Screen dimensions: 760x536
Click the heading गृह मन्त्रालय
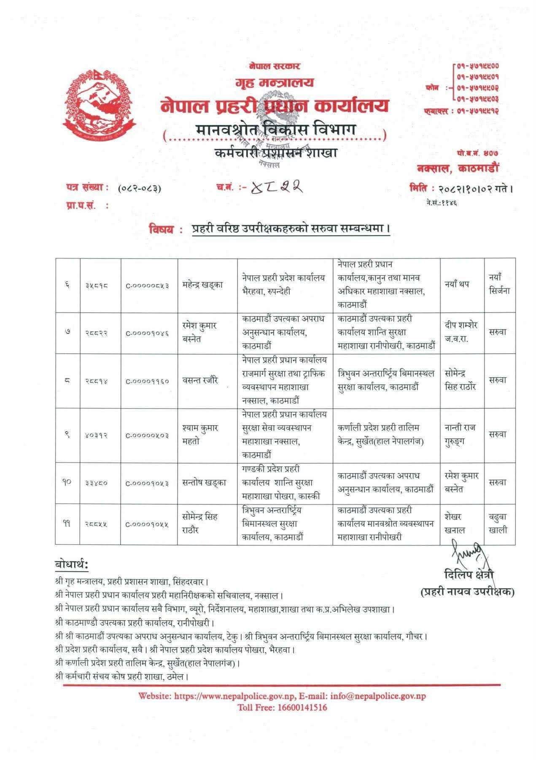coord(274,82)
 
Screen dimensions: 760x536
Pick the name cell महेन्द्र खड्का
coord(202,285)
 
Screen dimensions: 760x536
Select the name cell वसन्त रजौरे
coord(200,380)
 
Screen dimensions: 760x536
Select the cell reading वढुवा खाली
coord(498,524)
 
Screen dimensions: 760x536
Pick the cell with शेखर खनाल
coord(455,524)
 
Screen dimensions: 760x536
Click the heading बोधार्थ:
coord(72,565)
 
